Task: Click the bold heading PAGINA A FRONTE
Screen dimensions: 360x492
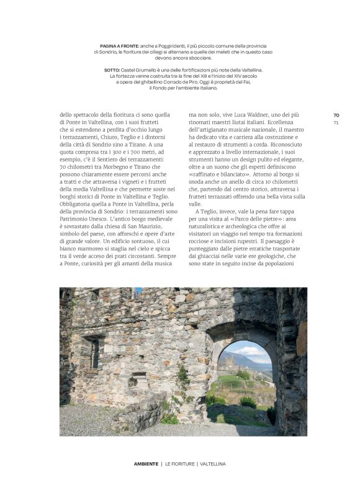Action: tap(120, 46)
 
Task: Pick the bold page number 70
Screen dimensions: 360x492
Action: tap(336, 115)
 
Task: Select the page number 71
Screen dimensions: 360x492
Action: tap(336, 122)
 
